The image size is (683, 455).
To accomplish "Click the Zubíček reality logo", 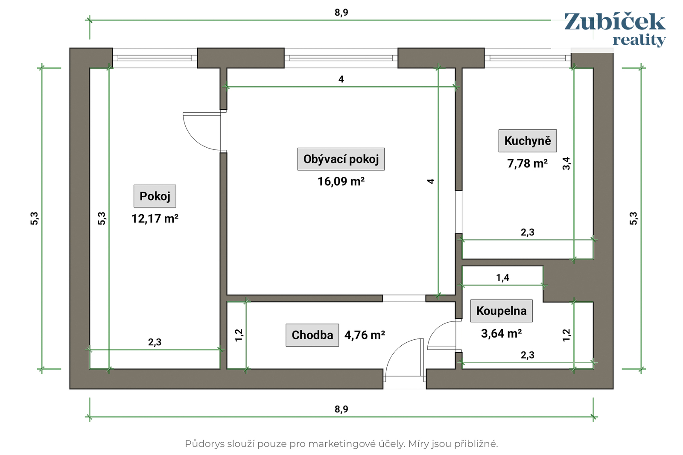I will click(614, 29).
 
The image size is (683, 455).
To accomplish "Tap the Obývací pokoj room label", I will click(341, 159).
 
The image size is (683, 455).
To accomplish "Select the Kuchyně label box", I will click(527, 141).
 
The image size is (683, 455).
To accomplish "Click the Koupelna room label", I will click(501, 311).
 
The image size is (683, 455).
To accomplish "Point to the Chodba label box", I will click(312, 335).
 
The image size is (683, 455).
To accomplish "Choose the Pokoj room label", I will click(155, 196).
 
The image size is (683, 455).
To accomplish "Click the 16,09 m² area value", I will click(341, 181).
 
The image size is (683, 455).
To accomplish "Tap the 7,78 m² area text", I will click(527, 163).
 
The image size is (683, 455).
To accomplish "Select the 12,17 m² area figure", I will click(155, 219).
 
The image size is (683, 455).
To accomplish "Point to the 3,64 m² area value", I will click(501, 333).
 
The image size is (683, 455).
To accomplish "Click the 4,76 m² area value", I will click(365, 335).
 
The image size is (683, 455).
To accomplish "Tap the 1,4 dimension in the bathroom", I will click(502, 278).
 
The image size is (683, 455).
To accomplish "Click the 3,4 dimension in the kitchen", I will click(566, 163).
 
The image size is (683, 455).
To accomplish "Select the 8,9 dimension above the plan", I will click(341, 13).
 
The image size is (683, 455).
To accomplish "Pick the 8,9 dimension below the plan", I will click(341, 409).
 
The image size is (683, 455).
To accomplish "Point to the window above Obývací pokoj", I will click(341, 58).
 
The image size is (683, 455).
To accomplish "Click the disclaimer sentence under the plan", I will click(341, 444).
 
